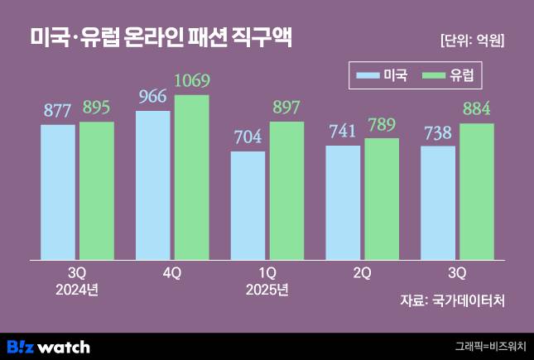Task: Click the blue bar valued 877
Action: (58, 191)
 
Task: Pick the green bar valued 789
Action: (382, 198)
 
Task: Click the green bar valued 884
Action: (477, 191)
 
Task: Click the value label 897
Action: (286, 110)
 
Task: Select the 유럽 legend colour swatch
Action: (435, 77)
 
